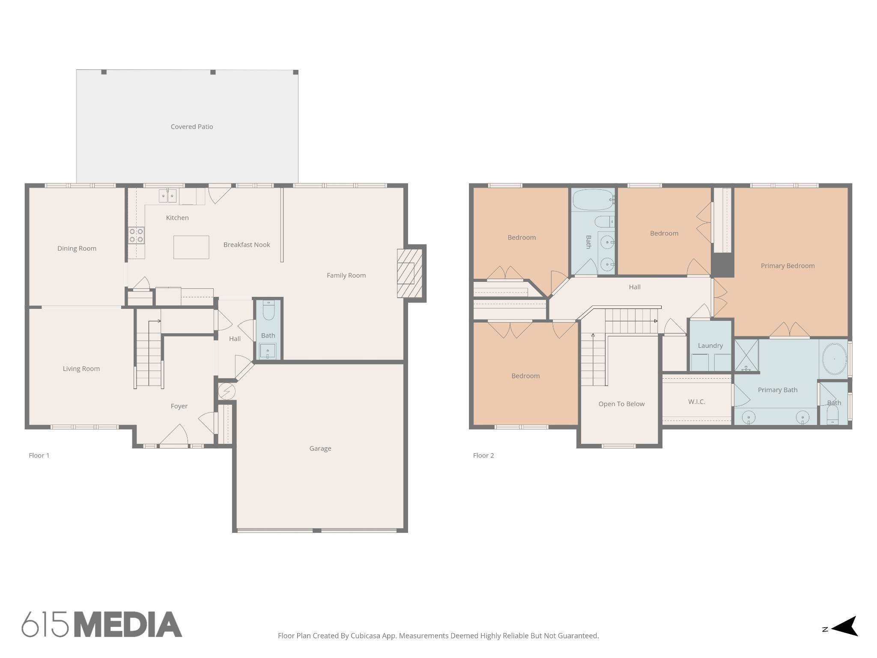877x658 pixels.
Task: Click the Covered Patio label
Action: point(192,127)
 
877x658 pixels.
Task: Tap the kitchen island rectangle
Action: point(191,247)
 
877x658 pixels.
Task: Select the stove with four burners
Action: point(137,235)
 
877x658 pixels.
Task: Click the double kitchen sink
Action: point(167,196)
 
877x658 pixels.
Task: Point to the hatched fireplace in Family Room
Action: point(406,273)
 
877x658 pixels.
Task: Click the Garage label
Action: point(320,449)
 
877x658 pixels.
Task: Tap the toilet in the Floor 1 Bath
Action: point(268,311)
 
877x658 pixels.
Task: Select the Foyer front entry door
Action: point(174,435)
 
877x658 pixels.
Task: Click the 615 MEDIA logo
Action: point(102,624)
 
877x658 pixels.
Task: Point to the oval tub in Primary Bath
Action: point(834,359)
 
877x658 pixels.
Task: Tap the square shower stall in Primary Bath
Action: point(746,355)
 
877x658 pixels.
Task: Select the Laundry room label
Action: point(710,346)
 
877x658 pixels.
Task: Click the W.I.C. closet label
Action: point(697,402)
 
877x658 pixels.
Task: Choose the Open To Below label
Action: point(621,404)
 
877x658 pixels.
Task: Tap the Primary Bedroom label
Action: point(788,266)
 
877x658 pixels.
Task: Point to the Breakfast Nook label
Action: point(247,245)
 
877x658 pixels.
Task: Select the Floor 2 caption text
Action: point(483,455)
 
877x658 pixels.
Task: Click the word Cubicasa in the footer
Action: point(366,636)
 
